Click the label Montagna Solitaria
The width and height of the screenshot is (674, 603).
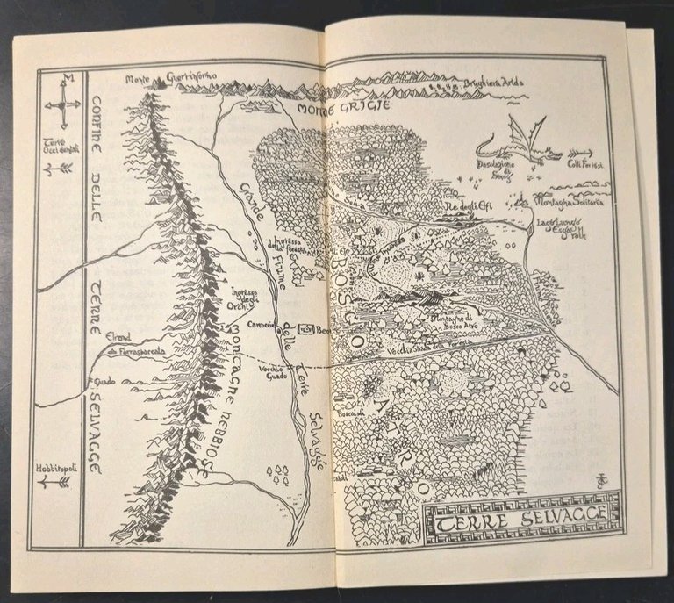click(565, 202)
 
